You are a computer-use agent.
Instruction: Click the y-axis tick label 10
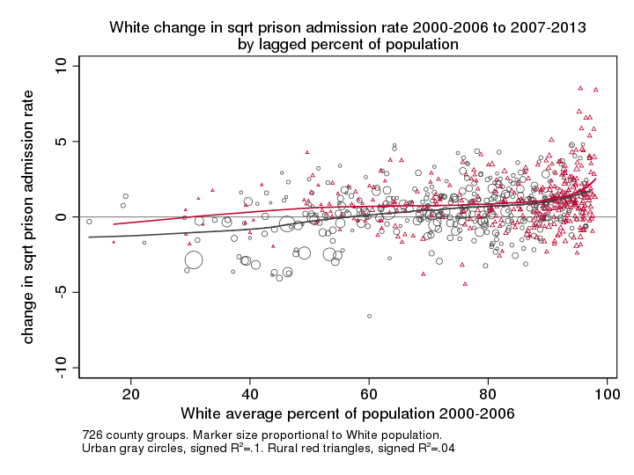tap(61, 66)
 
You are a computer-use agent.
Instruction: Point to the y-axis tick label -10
tap(61, 367)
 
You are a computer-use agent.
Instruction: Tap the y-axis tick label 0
tap(61, 216)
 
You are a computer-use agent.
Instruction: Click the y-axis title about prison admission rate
tap(28, 217)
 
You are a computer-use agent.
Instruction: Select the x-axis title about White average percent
tap(348, 413)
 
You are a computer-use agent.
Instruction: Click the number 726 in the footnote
tap(92, 435)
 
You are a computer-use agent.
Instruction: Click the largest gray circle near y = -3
tap(194, 259)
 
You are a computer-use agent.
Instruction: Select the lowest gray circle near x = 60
tap(370, 316)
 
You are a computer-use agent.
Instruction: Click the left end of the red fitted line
tap(114, 224)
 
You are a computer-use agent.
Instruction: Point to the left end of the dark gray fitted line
tap(89, 237)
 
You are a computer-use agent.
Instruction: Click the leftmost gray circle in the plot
tap(89, 222)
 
